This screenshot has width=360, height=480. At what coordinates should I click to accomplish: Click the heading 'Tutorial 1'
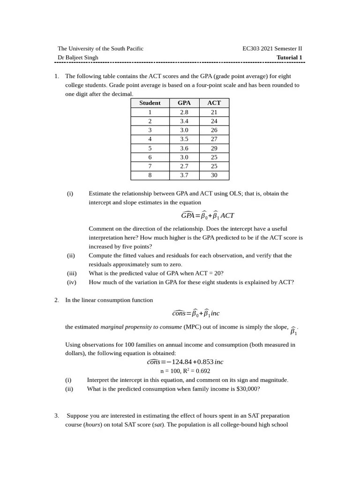tap(289, 58)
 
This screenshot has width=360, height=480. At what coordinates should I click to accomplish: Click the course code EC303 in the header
tap(251, 49)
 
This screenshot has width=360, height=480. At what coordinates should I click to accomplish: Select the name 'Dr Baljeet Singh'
tap(78, 58)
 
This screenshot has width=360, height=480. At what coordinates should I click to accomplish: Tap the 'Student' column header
tap(150, 103)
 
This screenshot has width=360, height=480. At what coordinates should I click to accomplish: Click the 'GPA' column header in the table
tap(184, 103)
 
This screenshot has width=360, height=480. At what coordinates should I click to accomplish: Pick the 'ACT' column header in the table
tap(214, 103)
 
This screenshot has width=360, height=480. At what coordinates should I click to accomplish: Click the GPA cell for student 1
tap(184, 112)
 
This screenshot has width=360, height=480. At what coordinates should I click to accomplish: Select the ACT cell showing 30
tap(214, 175)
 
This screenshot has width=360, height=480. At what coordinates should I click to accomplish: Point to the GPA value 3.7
tap(184, 175)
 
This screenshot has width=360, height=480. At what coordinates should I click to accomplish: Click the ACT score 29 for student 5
tap(214, 148)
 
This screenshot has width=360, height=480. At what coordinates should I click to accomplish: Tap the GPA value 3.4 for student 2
tap(184, 121)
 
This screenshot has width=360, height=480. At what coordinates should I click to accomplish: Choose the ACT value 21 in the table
tap(214, 112)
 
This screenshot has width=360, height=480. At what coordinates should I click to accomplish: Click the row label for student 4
tap(150, 139)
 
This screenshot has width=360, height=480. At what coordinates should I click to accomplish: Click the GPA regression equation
tap(207, 216)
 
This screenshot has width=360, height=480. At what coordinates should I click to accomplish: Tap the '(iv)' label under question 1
tap(71, 282)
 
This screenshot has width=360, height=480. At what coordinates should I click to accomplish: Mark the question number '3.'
tap(57, 416)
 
